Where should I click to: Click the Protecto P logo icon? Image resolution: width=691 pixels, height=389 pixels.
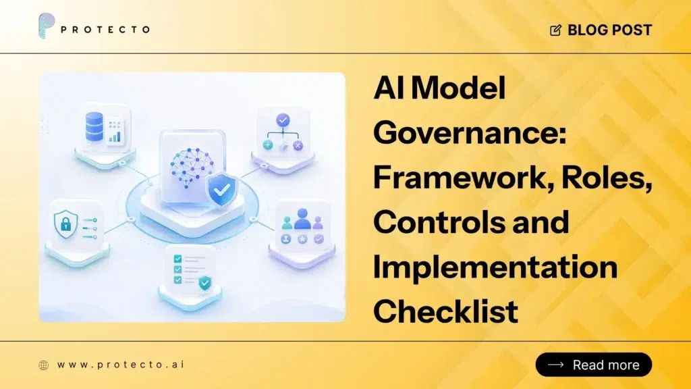point(47,26)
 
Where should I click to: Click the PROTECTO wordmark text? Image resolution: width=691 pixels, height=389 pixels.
point(105,30)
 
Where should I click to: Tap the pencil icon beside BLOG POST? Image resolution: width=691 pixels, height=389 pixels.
point(556,30)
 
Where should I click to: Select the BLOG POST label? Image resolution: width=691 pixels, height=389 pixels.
point(609,30)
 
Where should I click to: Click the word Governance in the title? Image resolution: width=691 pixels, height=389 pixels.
point(470,133)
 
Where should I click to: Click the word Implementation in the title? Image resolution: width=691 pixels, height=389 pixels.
point(495,267)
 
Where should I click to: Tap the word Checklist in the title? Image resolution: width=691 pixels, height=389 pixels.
point(445,311)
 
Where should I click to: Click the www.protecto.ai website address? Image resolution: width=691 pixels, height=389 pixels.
point(121,365)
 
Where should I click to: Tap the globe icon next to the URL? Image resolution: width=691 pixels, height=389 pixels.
point(44,365)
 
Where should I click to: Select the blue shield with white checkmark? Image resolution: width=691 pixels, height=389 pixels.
point(222,190)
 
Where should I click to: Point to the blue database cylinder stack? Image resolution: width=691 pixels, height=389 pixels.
point(94,126)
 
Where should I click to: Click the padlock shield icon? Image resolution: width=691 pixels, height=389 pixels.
point(65,224)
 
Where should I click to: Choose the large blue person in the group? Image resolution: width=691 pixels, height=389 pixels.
point(302,219)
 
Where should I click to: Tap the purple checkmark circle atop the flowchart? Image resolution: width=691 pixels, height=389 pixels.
point(283,120)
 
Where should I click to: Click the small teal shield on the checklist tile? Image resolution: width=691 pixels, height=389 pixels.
point(204,283)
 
